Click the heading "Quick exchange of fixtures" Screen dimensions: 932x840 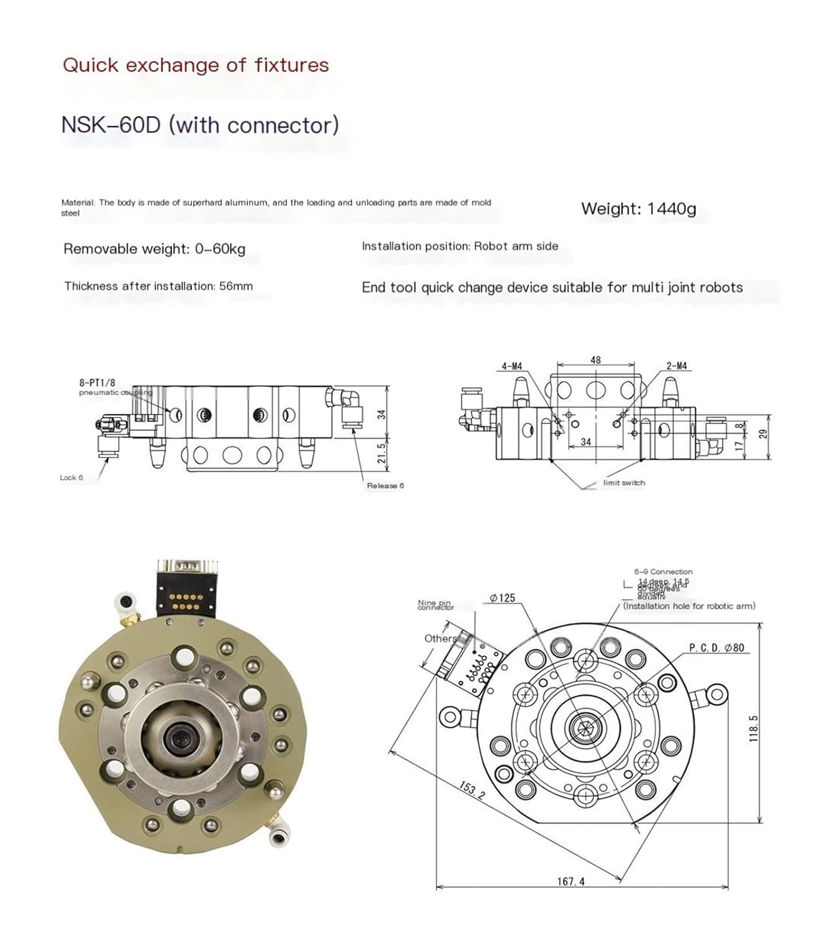196,65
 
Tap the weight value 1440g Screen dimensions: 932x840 671,209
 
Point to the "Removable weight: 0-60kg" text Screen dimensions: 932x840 154,249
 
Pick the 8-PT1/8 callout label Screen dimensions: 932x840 98,383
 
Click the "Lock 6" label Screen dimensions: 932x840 71,478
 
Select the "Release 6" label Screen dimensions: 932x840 385,486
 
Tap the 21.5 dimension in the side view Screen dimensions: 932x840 382,453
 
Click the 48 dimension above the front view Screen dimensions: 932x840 595,360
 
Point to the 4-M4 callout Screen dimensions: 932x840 511,367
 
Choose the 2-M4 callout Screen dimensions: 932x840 677,367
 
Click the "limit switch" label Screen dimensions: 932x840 624,483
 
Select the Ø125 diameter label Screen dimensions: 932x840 502,598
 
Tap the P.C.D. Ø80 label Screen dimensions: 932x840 716,647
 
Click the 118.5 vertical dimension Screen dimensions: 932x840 754,728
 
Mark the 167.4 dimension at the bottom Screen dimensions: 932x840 570,881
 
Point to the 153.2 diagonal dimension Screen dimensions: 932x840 472,790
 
